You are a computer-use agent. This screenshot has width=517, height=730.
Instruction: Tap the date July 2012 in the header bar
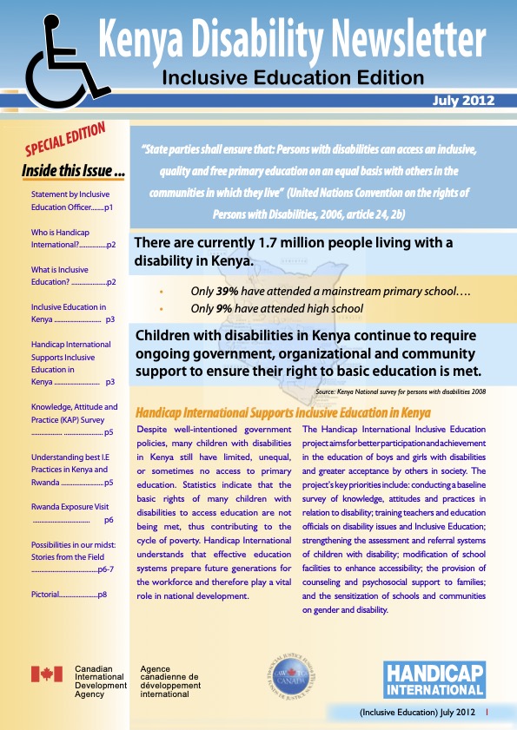463,101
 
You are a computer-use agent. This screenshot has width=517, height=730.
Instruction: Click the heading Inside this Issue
73,172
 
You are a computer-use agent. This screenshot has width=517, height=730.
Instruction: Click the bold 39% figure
227,292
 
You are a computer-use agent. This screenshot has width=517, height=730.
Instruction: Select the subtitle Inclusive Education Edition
293,78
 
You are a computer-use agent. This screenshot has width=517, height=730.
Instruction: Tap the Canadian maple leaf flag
47,674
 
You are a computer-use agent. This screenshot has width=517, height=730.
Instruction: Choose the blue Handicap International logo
434,679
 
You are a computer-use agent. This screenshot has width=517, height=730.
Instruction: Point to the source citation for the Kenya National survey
401,391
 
